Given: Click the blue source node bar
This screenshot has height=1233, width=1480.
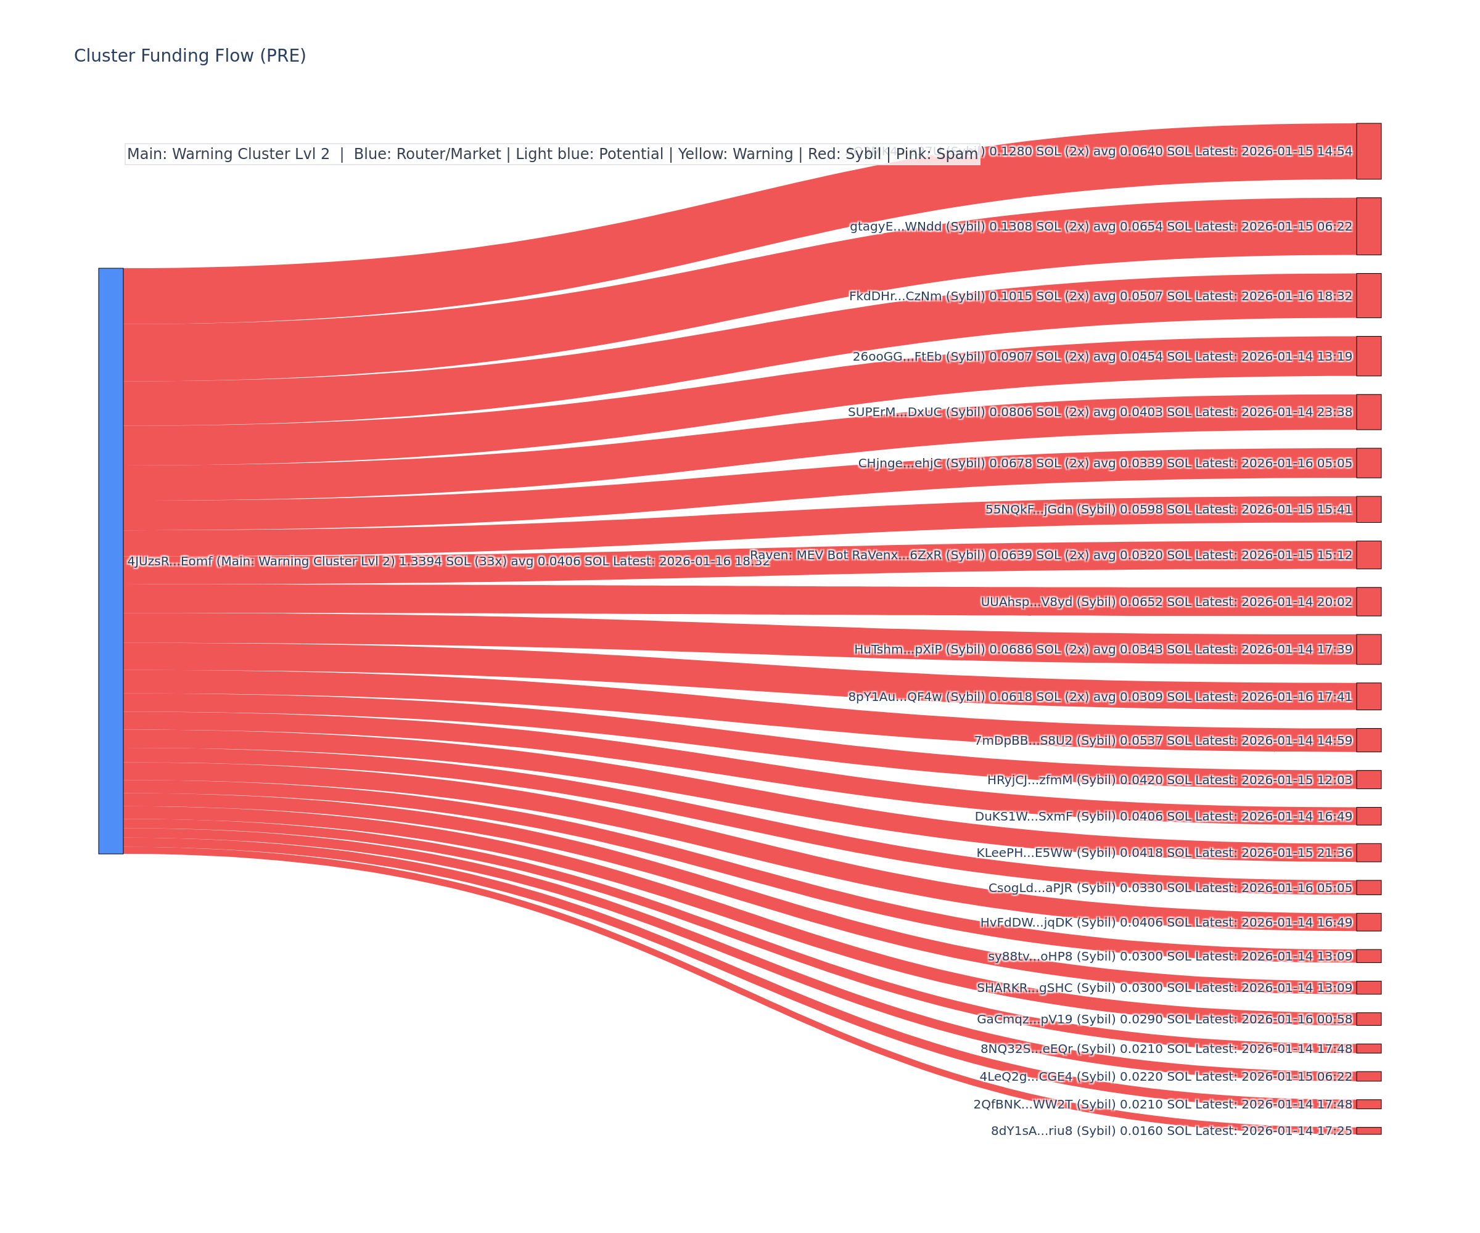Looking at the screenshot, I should coord(110,561).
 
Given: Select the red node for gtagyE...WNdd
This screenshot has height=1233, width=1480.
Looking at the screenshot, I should coord(1368,226).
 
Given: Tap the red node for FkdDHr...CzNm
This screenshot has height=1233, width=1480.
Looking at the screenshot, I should coord(1368,296).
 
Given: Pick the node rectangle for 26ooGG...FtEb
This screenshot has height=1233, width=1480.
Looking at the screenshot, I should coord(1368,356).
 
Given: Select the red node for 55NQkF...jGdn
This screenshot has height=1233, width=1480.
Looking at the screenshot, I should coord(1368,509).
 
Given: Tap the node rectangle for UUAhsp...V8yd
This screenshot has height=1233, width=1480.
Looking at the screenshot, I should coord(1368,602).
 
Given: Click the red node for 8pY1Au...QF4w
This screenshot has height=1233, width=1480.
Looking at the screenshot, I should coord(1368,696).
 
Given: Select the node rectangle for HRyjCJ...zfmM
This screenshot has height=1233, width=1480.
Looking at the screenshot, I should coord(1368,779).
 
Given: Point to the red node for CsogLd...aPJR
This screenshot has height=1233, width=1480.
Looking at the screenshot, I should coord(1368,887).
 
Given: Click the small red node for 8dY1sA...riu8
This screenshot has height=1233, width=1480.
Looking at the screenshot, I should coord(1368,1131).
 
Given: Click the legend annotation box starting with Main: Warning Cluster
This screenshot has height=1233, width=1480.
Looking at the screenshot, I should coord(552,154).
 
